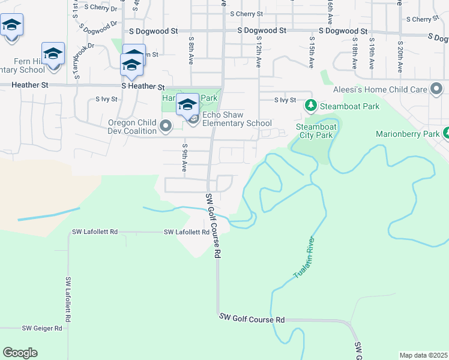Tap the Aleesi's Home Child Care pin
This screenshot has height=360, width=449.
coord(436,90)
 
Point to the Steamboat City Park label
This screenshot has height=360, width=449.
coord(315,131)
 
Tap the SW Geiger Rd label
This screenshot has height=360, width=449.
coord(42,328)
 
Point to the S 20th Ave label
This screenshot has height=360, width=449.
coord(399,53)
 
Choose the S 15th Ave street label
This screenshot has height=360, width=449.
coord(312,52)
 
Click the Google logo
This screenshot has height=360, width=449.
coord(20,353)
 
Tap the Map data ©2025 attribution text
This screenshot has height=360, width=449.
coord(423,355)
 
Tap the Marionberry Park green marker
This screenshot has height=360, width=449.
coord(447,133)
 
